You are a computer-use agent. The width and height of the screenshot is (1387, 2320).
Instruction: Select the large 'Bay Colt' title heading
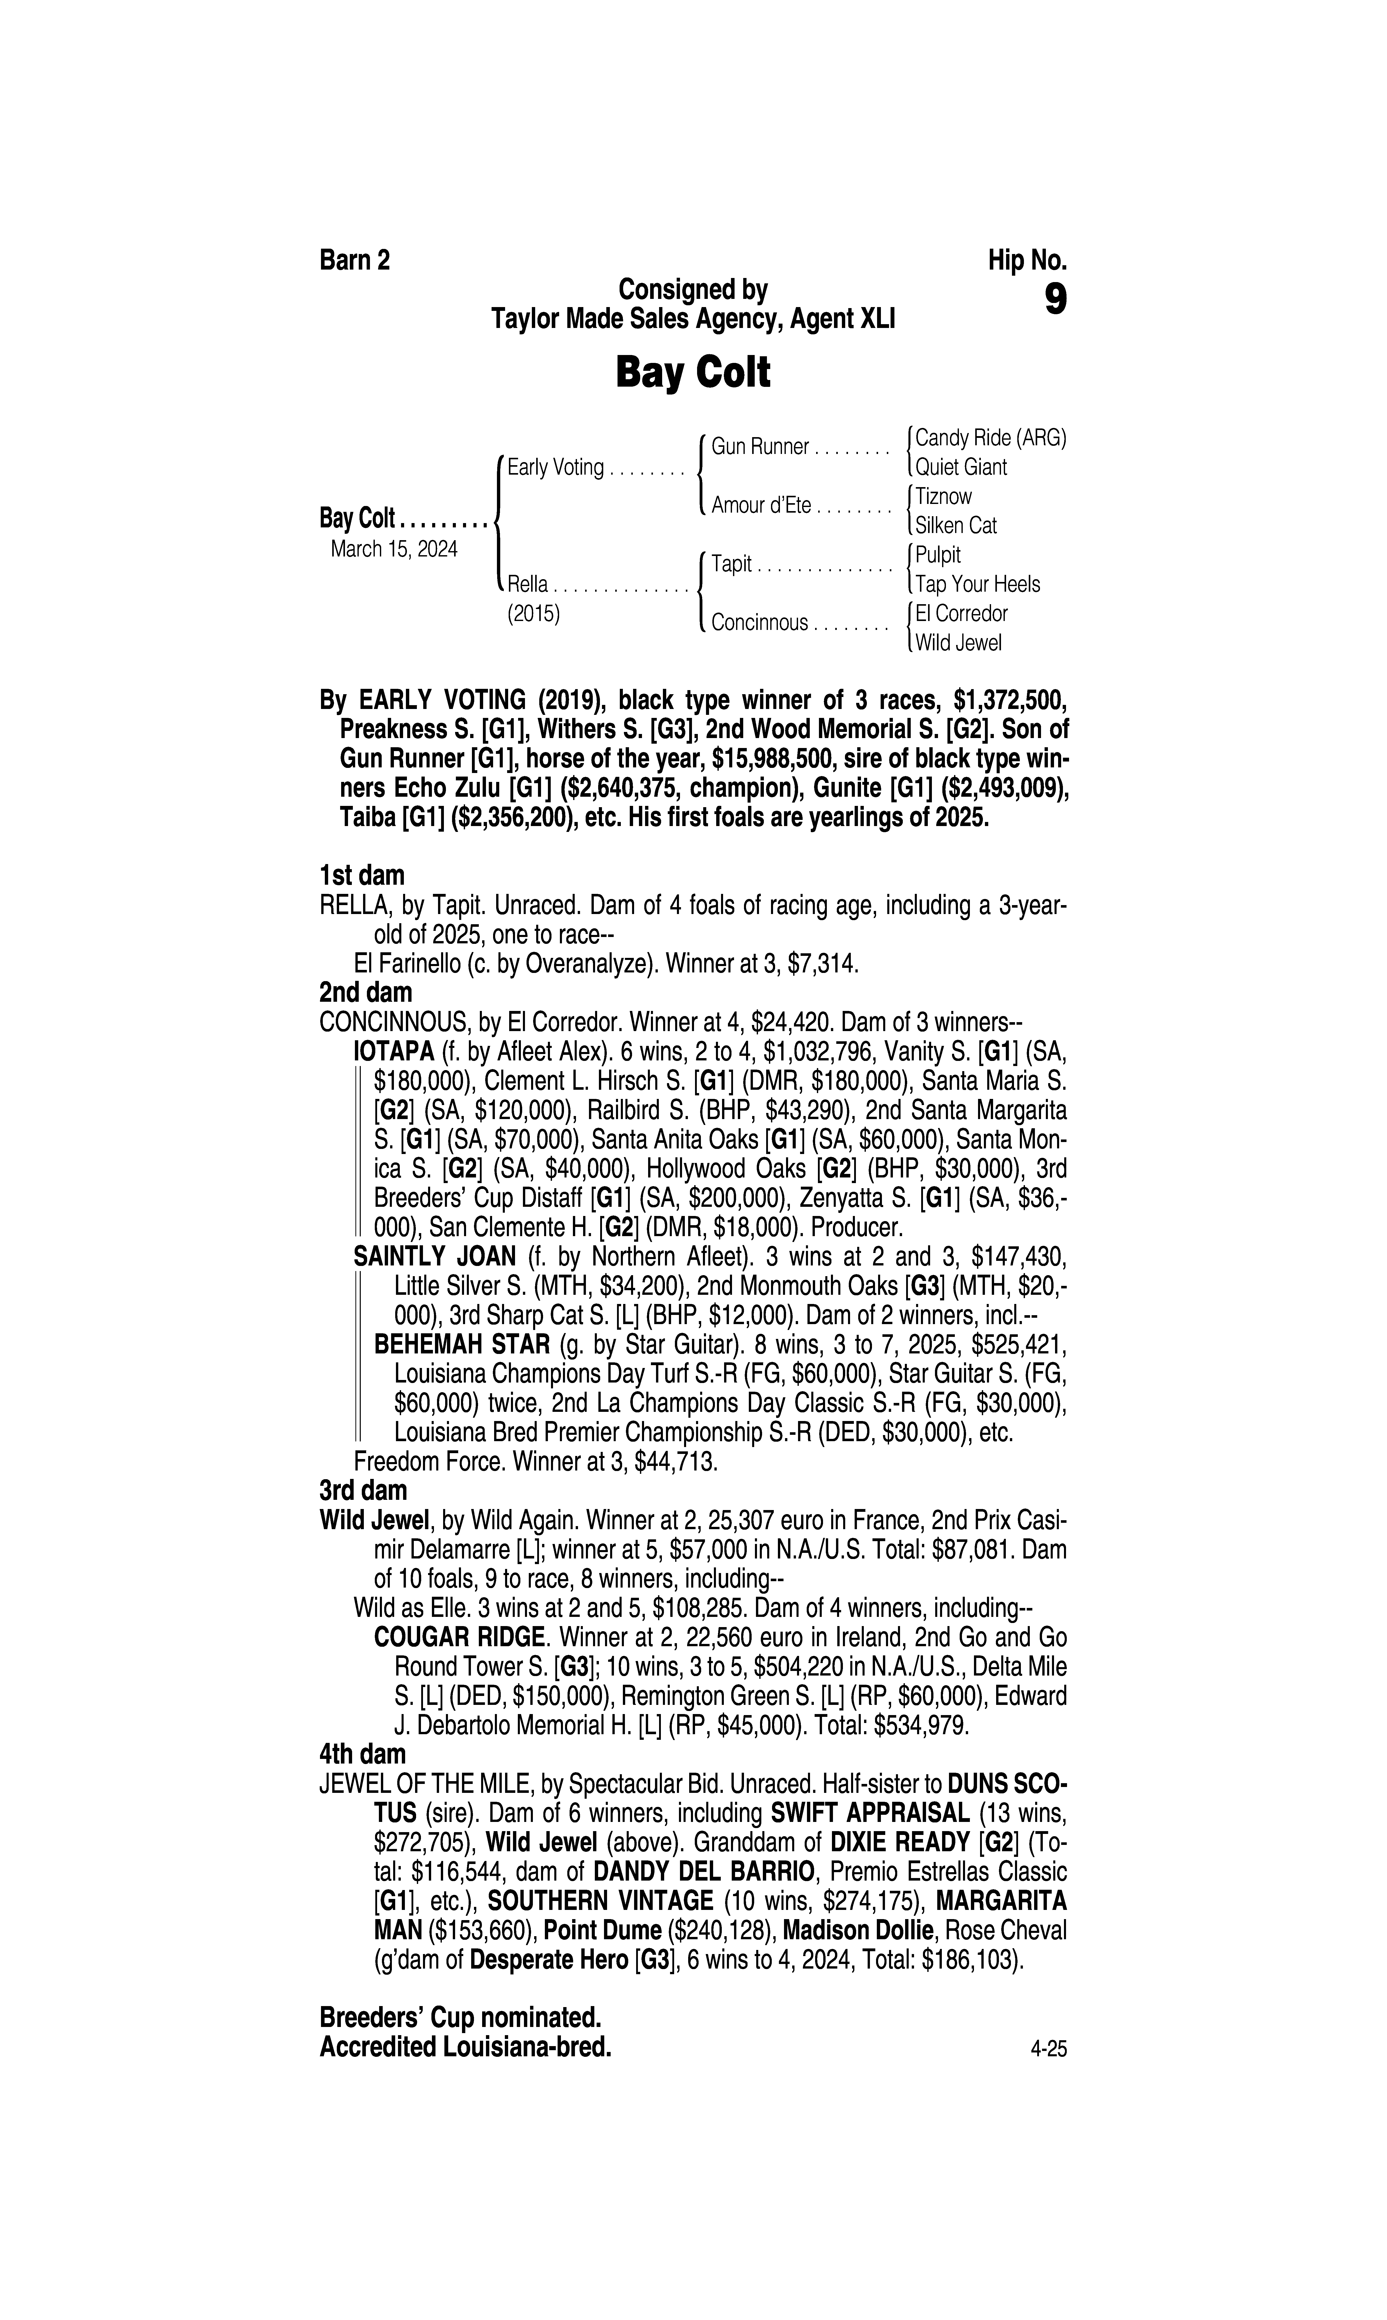[x=692, y=373]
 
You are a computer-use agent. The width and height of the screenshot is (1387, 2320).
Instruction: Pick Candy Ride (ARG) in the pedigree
[x=990, y=437]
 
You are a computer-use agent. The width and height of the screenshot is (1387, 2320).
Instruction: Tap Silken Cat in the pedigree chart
[x=955, y=525]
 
